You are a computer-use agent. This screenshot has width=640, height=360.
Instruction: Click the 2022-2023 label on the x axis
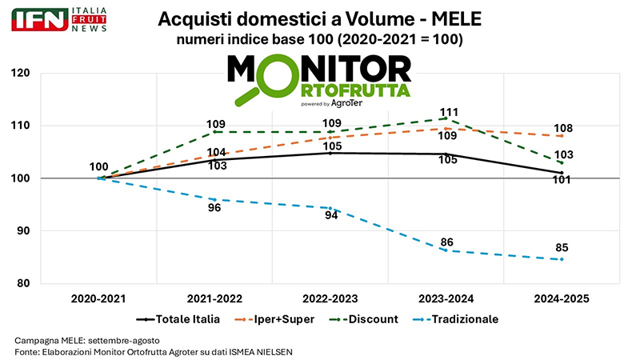330,298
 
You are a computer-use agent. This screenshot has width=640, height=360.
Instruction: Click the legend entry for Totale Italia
186,318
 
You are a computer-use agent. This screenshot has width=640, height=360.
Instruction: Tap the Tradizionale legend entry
464,318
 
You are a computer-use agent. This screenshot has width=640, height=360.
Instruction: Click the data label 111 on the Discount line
450,111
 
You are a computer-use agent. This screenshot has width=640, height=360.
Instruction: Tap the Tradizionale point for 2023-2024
446,250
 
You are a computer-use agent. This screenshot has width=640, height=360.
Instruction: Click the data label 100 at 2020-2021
99,167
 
